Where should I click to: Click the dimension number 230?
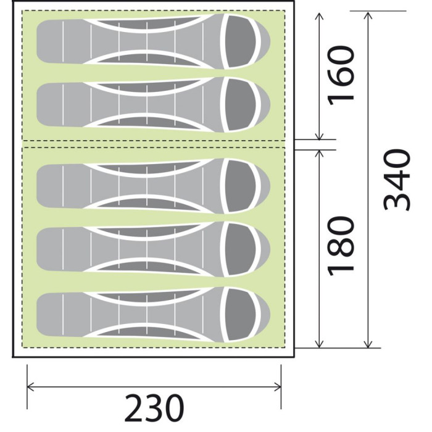coord(154,409)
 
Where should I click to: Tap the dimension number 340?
coord(397,180)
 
